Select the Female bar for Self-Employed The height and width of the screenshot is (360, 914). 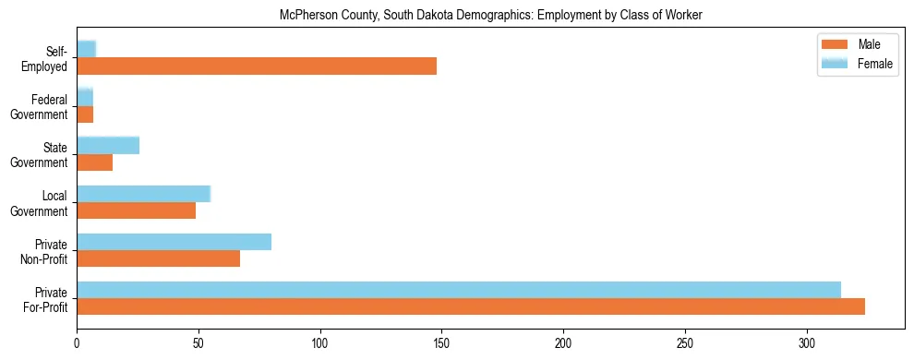tap(86, 49)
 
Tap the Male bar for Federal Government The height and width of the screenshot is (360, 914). tap(85, 114)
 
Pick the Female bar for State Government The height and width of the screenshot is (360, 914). tap(108, 145)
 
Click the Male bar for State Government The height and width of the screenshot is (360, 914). tap(94, 162)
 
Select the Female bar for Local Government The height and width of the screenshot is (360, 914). tap(143, 193)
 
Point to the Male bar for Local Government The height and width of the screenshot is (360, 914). tap(136, 210)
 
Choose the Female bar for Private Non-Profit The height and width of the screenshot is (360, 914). tap(174, 242)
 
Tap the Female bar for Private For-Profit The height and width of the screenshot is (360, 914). tap(459, 290)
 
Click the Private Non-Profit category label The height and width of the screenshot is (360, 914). tap(48, 251)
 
